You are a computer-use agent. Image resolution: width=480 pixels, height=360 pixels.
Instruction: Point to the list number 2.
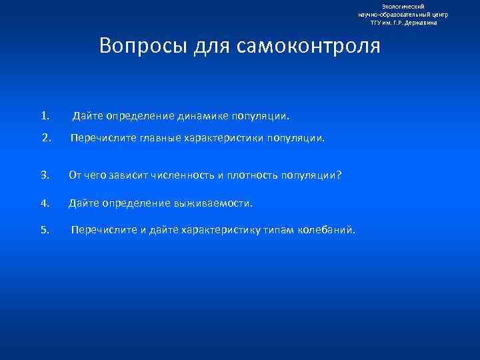[46, 139]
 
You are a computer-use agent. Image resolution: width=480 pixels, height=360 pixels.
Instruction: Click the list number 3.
[45, 175]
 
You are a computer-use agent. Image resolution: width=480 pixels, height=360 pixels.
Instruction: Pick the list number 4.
[45, 203]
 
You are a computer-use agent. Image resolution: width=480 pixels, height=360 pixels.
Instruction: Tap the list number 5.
[45, 230]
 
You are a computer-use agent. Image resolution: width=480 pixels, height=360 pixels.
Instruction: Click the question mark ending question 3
[339, 175]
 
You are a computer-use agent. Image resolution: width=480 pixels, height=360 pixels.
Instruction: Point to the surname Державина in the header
[420, 22]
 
